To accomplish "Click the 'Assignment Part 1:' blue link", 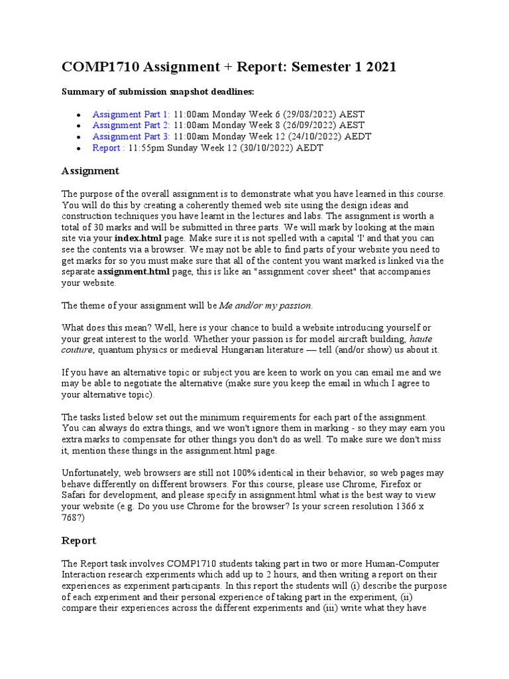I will click(131, 114).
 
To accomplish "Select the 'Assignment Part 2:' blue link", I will click(131, 125).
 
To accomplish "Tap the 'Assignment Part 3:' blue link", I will click(131, 137).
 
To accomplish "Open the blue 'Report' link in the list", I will click(107, 148).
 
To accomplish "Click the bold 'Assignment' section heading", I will click(90, 171).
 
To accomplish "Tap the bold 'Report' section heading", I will click(79, 540).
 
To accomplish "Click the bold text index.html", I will click(137, 237).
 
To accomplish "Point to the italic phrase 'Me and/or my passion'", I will click(265, 306).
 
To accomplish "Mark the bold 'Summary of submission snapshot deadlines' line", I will click(157, 91).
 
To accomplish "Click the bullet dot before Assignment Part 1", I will click(80, 115).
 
